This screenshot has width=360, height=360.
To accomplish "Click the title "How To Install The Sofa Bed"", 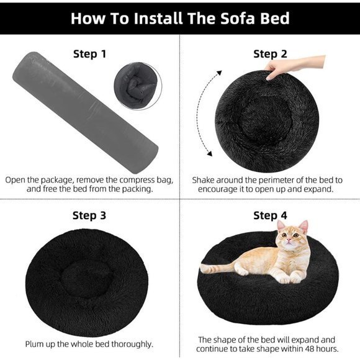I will tap(179, 17).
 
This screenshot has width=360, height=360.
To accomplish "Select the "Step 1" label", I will tap(89, 54).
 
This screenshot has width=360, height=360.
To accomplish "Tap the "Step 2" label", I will tap(270, 54).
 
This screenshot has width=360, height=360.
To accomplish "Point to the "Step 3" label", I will tap(89, 215).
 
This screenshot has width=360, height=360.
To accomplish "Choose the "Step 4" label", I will tap(270, 215).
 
